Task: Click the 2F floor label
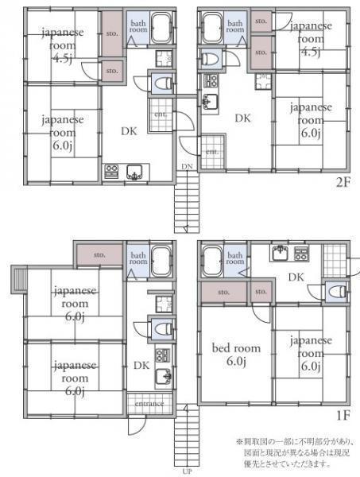pos(343,181)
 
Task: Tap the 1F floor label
pos(343,414)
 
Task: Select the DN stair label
pos(185,166)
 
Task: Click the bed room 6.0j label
pos(234,355)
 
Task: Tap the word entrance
pos(149,404)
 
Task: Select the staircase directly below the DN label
pos(186,203)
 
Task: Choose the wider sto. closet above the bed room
pos(223,293)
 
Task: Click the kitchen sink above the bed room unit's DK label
pos(280,255)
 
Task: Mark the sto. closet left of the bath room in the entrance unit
pos(99,255)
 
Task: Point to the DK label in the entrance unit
pos(141,366)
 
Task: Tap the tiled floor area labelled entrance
pos(149,404)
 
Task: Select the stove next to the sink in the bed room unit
pos(302,255)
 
